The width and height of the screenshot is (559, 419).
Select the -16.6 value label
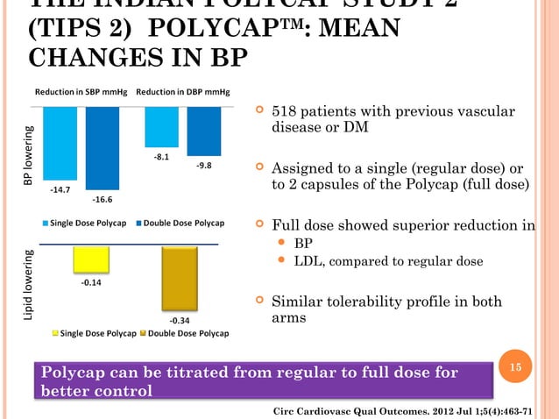[103, 200]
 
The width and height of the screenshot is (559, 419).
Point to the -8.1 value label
[160, 158]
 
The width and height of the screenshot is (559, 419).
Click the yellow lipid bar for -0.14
[91, 259]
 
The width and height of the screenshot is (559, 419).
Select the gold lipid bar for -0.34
[181, 273]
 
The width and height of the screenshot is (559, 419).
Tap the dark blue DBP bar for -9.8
[204, 131]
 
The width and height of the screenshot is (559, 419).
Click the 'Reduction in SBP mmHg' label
[82, 92]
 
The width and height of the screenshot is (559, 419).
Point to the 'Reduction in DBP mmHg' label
[183, 92]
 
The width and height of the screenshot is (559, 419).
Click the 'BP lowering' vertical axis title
[28, 156]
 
